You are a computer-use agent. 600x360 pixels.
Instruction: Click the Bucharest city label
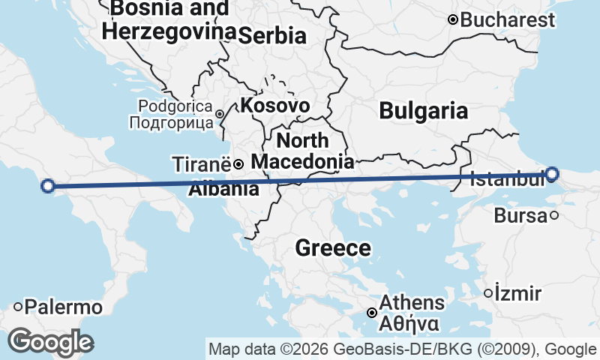[508, 20]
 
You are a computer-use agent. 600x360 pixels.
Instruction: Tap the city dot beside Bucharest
[453, 19]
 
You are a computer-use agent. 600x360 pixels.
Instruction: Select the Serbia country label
[273, 35]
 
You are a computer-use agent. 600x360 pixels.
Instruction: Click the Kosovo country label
[275, 106]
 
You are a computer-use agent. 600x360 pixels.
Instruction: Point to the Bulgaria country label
[424, 111]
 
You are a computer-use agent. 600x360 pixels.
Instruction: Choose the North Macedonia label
[302, 151]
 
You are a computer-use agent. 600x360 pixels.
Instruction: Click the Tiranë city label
[202, 164]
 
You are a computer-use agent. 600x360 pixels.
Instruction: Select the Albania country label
[223, 189]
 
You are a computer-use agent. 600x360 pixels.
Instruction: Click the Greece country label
[333, 248]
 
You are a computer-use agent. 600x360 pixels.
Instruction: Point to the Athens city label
[412, 303]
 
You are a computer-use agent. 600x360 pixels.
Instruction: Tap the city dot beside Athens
[372, 312]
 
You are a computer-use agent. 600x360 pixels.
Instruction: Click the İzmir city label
[517, 293]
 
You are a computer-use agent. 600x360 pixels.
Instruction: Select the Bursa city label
[520, 216]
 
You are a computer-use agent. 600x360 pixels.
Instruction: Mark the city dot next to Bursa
[554, 215]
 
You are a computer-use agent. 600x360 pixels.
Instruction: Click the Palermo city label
[63, 307]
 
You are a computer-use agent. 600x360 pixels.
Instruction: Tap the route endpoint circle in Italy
[47, 186]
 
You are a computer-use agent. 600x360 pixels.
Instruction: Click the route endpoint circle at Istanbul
[552, 174]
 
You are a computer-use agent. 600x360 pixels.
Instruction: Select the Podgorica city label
[175, 106]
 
